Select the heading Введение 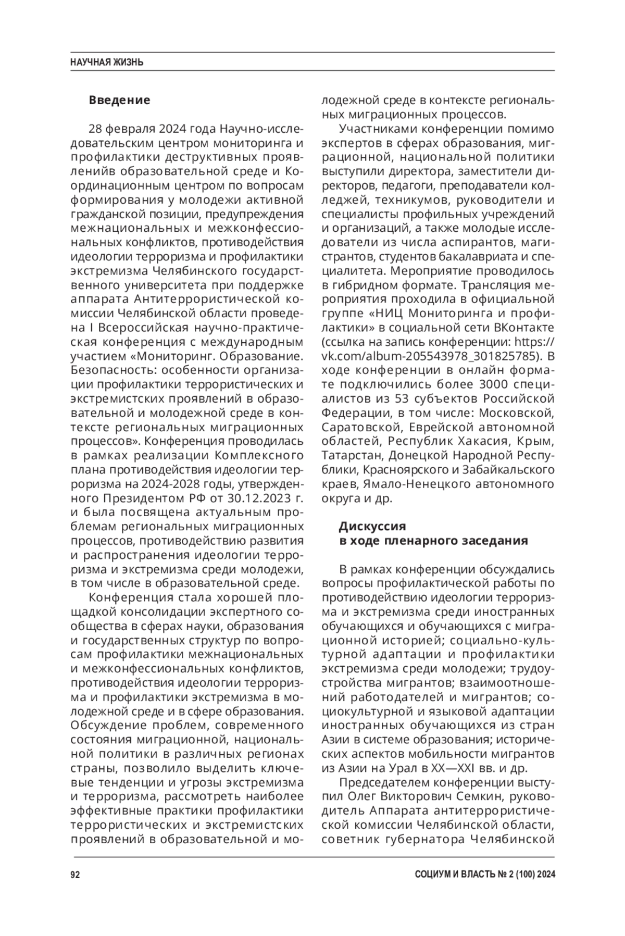pyautogui.click(x=119, y=100)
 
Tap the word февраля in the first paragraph pyautogui.click(x=131, y=129)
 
